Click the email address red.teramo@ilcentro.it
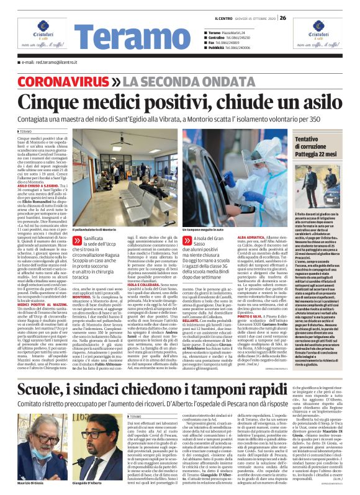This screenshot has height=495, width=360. (x=47, y=62)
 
